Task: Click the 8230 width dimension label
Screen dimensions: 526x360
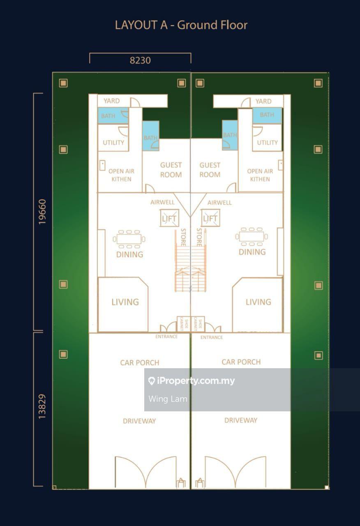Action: pyautogui.click(x=140, y=60)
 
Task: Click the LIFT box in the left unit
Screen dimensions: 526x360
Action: pyautogui.click(x=169, y=218)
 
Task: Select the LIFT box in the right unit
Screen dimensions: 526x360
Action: pyautogui.click(x=210, y=218)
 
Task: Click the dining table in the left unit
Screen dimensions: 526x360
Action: pyautogui.click(x=129, y=239)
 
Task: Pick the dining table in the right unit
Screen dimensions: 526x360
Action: pyautogui.click(x=252, y=236)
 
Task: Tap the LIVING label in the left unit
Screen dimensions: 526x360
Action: pyautogui.click(x=125, y=302)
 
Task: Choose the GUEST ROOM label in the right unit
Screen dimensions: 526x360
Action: pyautogui.click(x=210, y=170)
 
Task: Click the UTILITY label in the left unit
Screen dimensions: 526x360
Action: pyautogui.click(x=113, y=143)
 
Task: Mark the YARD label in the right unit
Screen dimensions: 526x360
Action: pyautogui.click(x=263, y=101)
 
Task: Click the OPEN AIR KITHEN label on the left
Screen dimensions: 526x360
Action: pyautogui.click(x=121, y=175)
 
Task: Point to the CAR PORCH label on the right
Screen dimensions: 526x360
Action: pyautogui.click(x=241, y=362)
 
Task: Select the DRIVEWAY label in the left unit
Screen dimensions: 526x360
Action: pyautogui.click(x=139, y=421)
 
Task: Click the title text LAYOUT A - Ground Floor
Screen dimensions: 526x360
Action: pyautogui.click(x=181, y=25)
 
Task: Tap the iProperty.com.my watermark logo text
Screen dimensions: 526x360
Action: pyautogui.click(x=196, y=381)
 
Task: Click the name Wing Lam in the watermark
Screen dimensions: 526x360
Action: pyautogui.click(x=168, y=399)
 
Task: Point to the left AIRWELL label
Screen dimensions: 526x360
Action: pyautogui.click(x=162, y=202)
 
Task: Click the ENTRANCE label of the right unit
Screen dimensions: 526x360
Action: pyautogui.click(x=212, y=337)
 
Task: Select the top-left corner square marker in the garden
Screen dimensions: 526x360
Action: pyautogui.click(x=63, y=83)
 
